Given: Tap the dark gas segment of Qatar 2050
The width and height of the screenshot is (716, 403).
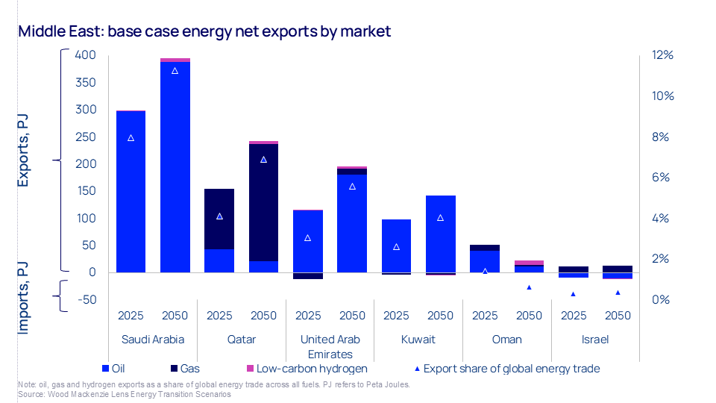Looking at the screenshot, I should pos(263,201).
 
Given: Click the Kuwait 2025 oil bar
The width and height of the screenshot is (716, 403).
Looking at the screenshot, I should pos(396,246).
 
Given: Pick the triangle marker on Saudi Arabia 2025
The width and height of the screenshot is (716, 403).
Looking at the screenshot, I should pos(131,138).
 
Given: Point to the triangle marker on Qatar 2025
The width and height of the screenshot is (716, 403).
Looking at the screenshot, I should pos(219,216).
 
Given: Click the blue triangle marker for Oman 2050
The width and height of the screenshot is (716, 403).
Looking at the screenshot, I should pos(529,287).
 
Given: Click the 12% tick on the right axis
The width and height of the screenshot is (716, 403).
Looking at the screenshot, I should pos(662,55).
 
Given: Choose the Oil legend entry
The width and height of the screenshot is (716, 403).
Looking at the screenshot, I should pos(116,368).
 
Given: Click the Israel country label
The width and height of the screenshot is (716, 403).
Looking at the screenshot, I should pos(595,340).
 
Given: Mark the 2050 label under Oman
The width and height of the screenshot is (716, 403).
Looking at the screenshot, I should pos(529,316).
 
